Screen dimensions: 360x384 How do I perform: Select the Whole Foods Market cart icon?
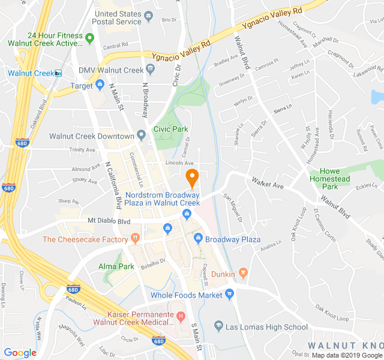coord(229,294)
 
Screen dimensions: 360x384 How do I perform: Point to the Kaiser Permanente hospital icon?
coord(179,316)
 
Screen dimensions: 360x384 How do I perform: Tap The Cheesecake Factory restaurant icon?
coord(136,239)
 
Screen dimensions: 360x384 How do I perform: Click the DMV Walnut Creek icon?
coord(150,69)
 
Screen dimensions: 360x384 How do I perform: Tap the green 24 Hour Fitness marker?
coord(90,39)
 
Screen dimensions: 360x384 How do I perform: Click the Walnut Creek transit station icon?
coord(58,73)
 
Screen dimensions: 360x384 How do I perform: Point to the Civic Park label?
coord(170,129)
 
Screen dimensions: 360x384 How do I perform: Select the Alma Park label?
coord(116,266)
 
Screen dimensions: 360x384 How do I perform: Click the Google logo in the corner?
coord(20,353)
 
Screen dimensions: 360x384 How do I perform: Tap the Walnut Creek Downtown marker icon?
coord(142,136)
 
